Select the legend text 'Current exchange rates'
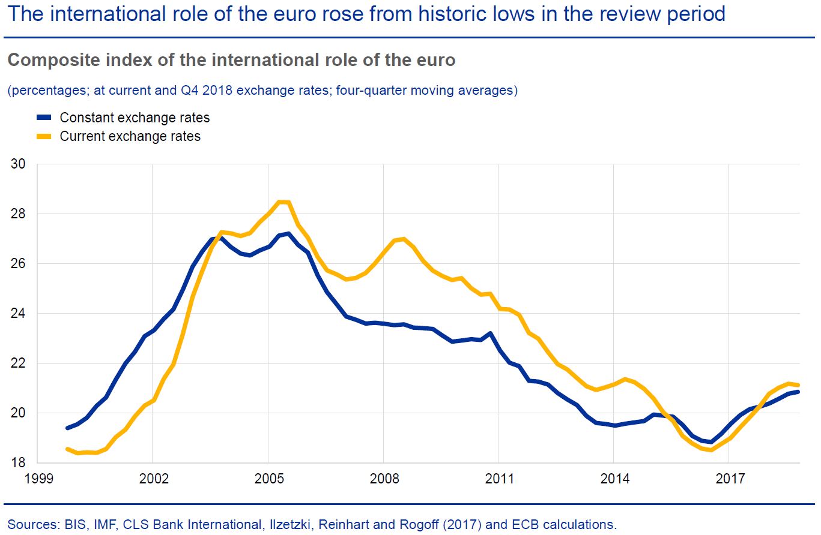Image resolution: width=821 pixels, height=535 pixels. click(x=130, y=136)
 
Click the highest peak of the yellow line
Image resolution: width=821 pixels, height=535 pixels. click(x=282, y=202)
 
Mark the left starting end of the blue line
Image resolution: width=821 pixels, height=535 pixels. click(x=67, y=428)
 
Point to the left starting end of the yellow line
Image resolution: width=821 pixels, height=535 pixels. click(x=67, y=449)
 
